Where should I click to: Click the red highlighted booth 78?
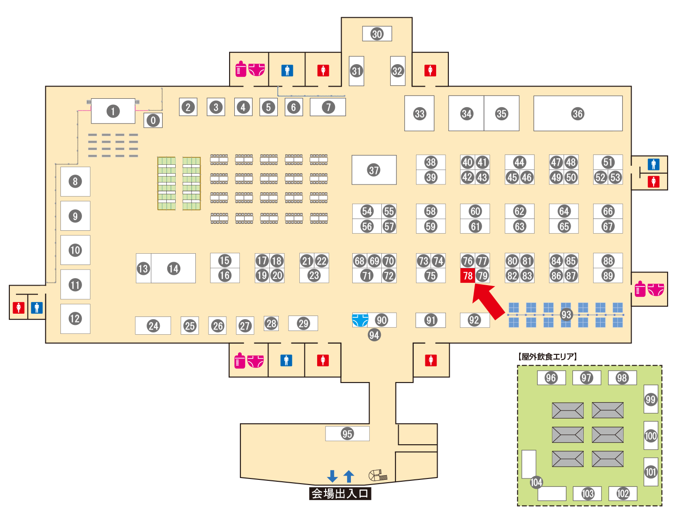[468, 276]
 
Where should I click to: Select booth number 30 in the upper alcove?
[377, 34]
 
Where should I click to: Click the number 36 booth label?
[578, 114]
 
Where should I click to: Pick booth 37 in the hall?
[374, 170]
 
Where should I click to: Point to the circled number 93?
[566, 315]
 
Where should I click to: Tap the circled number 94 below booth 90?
[374, 335]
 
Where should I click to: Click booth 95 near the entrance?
[347, 434]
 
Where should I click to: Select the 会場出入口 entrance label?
[340, 493]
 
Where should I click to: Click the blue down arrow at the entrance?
[333, 476]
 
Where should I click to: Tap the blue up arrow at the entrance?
[349, 476]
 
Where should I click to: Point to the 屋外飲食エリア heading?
[548, 357]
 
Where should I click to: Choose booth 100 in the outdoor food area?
[651, 436]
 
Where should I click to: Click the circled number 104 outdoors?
[536, 482]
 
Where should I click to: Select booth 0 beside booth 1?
[153, 120]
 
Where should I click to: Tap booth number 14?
[173, 268]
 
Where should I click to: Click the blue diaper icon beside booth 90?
[360, 320]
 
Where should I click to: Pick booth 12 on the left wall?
[75, 319]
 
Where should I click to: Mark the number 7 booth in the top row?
[328, 107]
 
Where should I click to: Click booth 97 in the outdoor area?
[586, 378]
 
